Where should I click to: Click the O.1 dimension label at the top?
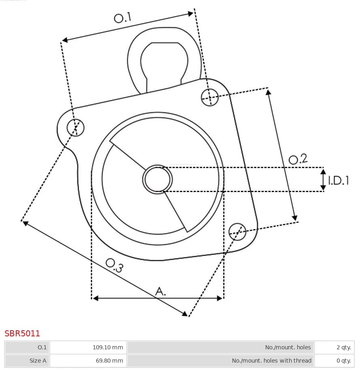tap(123, 17)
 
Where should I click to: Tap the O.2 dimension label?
tap(298, 159)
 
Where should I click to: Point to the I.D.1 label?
tap(338, 180)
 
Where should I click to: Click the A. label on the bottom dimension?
tap(161, 291)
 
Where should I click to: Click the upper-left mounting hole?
tap(75, 128)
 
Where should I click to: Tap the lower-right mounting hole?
tap(237, 231)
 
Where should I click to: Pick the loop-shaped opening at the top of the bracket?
tap(164, 61)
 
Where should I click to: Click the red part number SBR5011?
tap(22, 334)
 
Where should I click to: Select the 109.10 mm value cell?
tap(108, 347)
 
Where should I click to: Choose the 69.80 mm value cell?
tap(109, 360)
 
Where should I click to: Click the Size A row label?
tap(38, 360)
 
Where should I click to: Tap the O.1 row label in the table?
tap(42, 347)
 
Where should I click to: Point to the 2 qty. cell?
tap(343, 347)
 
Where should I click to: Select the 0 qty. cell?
tap(343, 360)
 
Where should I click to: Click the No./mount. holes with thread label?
tap(271, 360)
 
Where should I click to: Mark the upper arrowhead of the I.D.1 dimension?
tap(323, 171)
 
